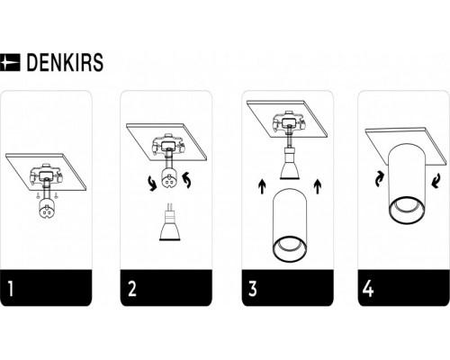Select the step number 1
(12, 289)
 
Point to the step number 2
(132, 289)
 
